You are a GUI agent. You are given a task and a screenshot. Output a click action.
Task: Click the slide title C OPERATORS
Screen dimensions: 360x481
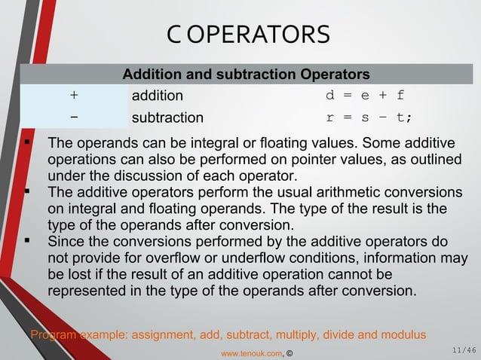[248, 35]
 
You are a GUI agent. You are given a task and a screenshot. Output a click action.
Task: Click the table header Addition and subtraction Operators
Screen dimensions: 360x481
[246, 75]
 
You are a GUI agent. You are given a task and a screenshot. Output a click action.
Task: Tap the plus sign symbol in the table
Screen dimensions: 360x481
[74, 96]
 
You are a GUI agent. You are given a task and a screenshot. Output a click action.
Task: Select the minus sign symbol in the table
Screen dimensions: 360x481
[74, 117]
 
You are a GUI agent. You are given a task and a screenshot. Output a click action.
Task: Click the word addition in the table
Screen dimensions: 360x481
[158, 96]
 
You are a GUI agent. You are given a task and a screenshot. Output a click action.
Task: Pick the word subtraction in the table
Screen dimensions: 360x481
[167, 117]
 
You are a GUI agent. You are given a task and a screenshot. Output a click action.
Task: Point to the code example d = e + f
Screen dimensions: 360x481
[365, 96]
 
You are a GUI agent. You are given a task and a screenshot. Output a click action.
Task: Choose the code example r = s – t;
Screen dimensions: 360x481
[369, 117]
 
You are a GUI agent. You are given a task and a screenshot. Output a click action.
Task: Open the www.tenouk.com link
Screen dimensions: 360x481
[251, 352]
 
